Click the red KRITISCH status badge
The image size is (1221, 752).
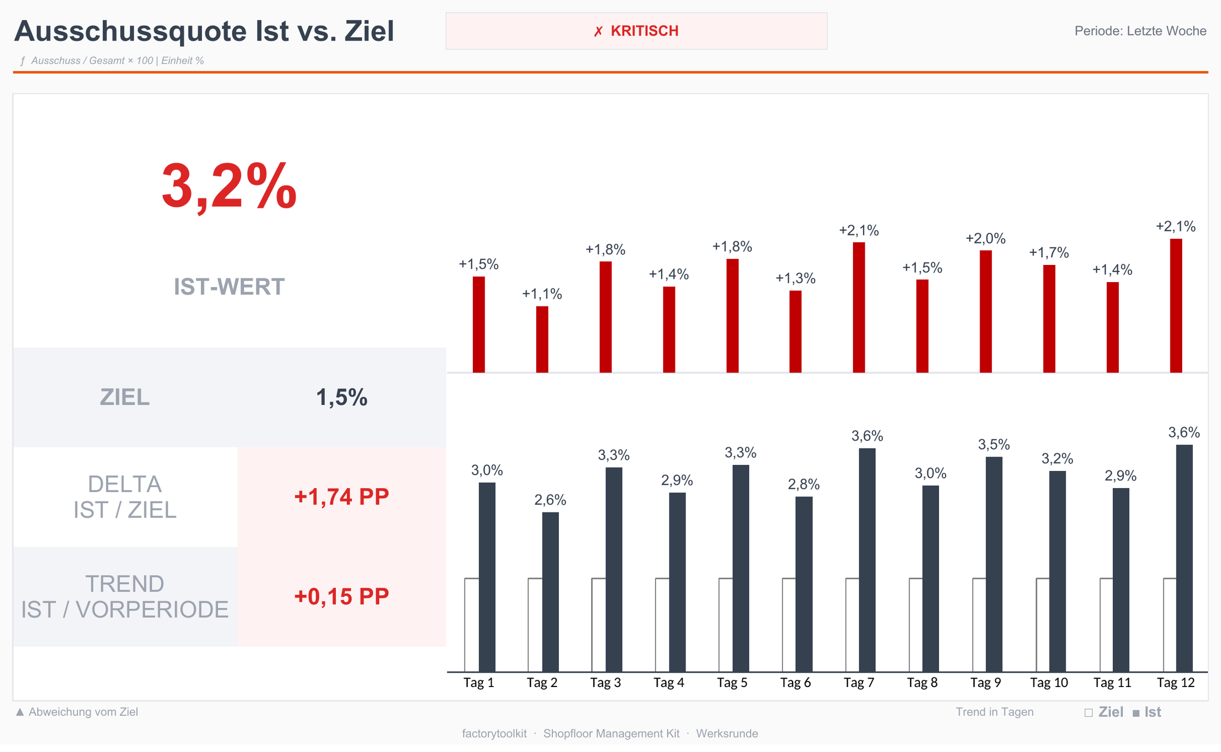point(636,31)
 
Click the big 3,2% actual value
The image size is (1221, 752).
point(229,186)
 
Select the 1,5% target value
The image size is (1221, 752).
point(342,398)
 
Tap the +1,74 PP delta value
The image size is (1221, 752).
point(342,497)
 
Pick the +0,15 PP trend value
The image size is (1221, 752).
point(342,596)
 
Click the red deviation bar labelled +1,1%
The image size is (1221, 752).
point(542,339)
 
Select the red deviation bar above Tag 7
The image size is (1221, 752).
point(859,307)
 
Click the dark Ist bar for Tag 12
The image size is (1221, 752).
point(1184,558)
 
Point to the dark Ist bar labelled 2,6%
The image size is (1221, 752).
point(551,592)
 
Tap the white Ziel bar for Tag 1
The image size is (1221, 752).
point(472,625)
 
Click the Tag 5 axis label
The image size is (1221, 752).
point(732,683)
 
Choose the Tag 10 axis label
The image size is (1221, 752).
point(1049,683)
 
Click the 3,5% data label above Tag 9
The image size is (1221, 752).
point(994,445)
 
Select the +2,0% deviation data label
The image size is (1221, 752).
point(986,239)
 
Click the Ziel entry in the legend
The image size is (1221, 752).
point(1104,712)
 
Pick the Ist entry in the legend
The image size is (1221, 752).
point(1147,712)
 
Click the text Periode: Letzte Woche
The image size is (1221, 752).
point(1141,31)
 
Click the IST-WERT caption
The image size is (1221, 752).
point(229,287)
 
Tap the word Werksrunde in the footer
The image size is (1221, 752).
point(727,734)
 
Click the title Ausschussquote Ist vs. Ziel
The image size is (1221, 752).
point(204,31)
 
